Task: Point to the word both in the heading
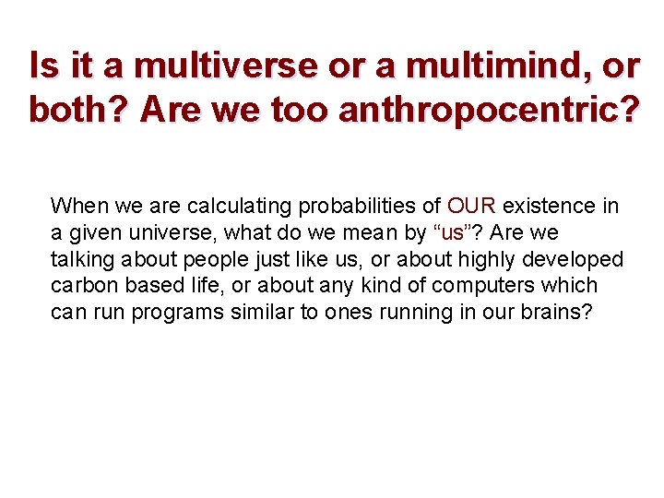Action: [77, 111]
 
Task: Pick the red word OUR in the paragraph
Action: [471, 205]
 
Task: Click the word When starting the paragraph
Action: [78, 205]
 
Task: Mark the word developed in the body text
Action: [579, 259]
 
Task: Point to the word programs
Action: [173, 313]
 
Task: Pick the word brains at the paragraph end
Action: [557, 313]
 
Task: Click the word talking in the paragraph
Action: [80, 259]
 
